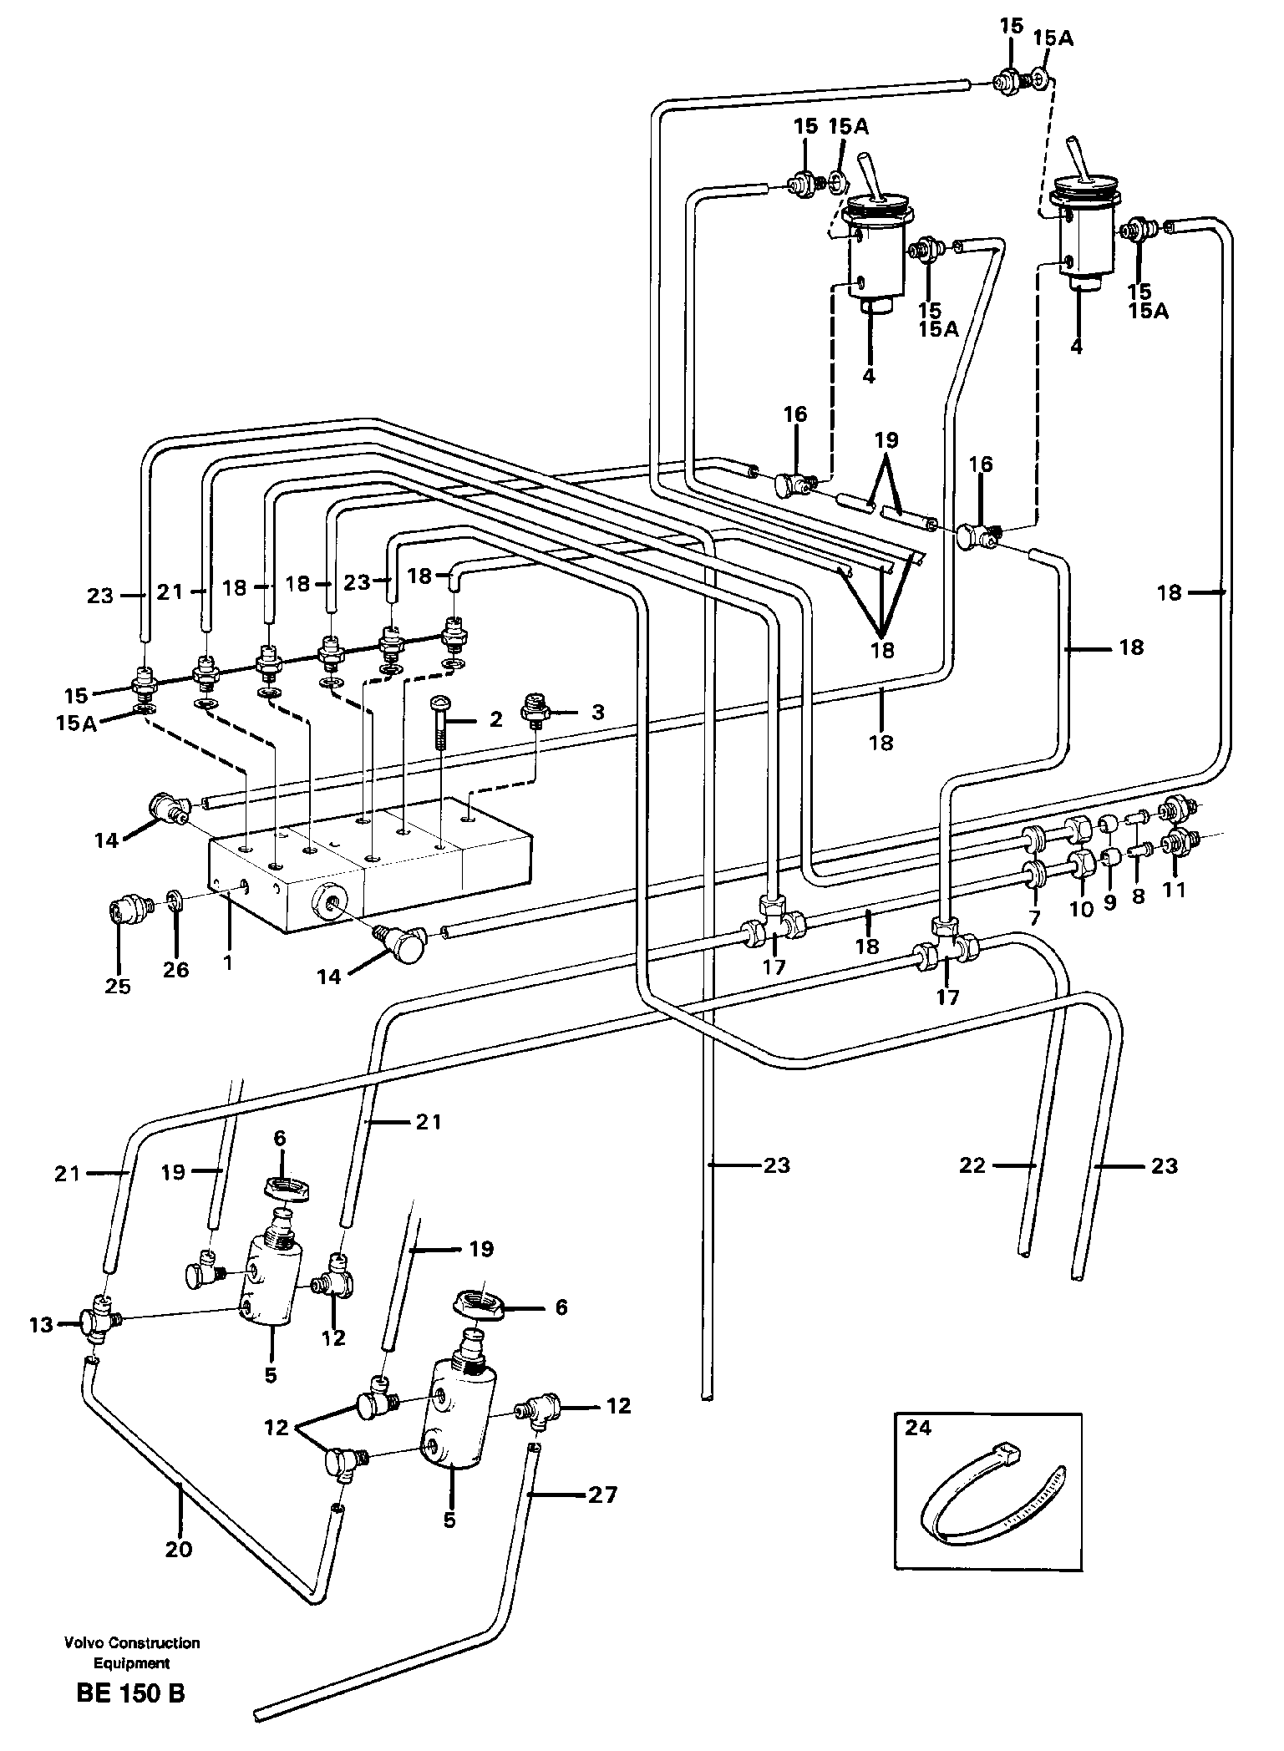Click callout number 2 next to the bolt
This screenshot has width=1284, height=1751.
pyautogui.click(x=496, y=718)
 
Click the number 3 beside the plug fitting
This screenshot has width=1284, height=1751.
pyautogui.click(x=596, y=713)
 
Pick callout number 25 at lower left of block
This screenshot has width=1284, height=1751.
pyautogui.click(x=118, y=986)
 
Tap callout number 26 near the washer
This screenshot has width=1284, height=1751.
pyautogui.click(x=176, y=969)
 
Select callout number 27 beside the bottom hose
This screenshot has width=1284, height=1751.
pyautogui.click(x=602, y=1493)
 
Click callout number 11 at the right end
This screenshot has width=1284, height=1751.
pyautogui.click(x=1175, y=890)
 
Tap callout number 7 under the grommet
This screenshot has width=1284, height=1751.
pyautogui.click(x=1034, y=918)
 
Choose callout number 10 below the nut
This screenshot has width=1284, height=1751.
pyautogui.click(x=1081, y=909)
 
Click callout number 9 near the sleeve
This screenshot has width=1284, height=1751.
pyautogui.click(x=1109, y=904)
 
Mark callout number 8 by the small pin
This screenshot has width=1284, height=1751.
pyautogui.click(x=1138, y=897)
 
